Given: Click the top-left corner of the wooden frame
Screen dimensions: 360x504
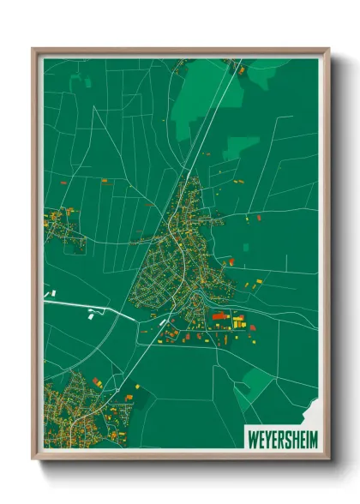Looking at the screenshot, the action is coord(34,51).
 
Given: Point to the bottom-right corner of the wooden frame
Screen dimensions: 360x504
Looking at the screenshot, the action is coord(327,457).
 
